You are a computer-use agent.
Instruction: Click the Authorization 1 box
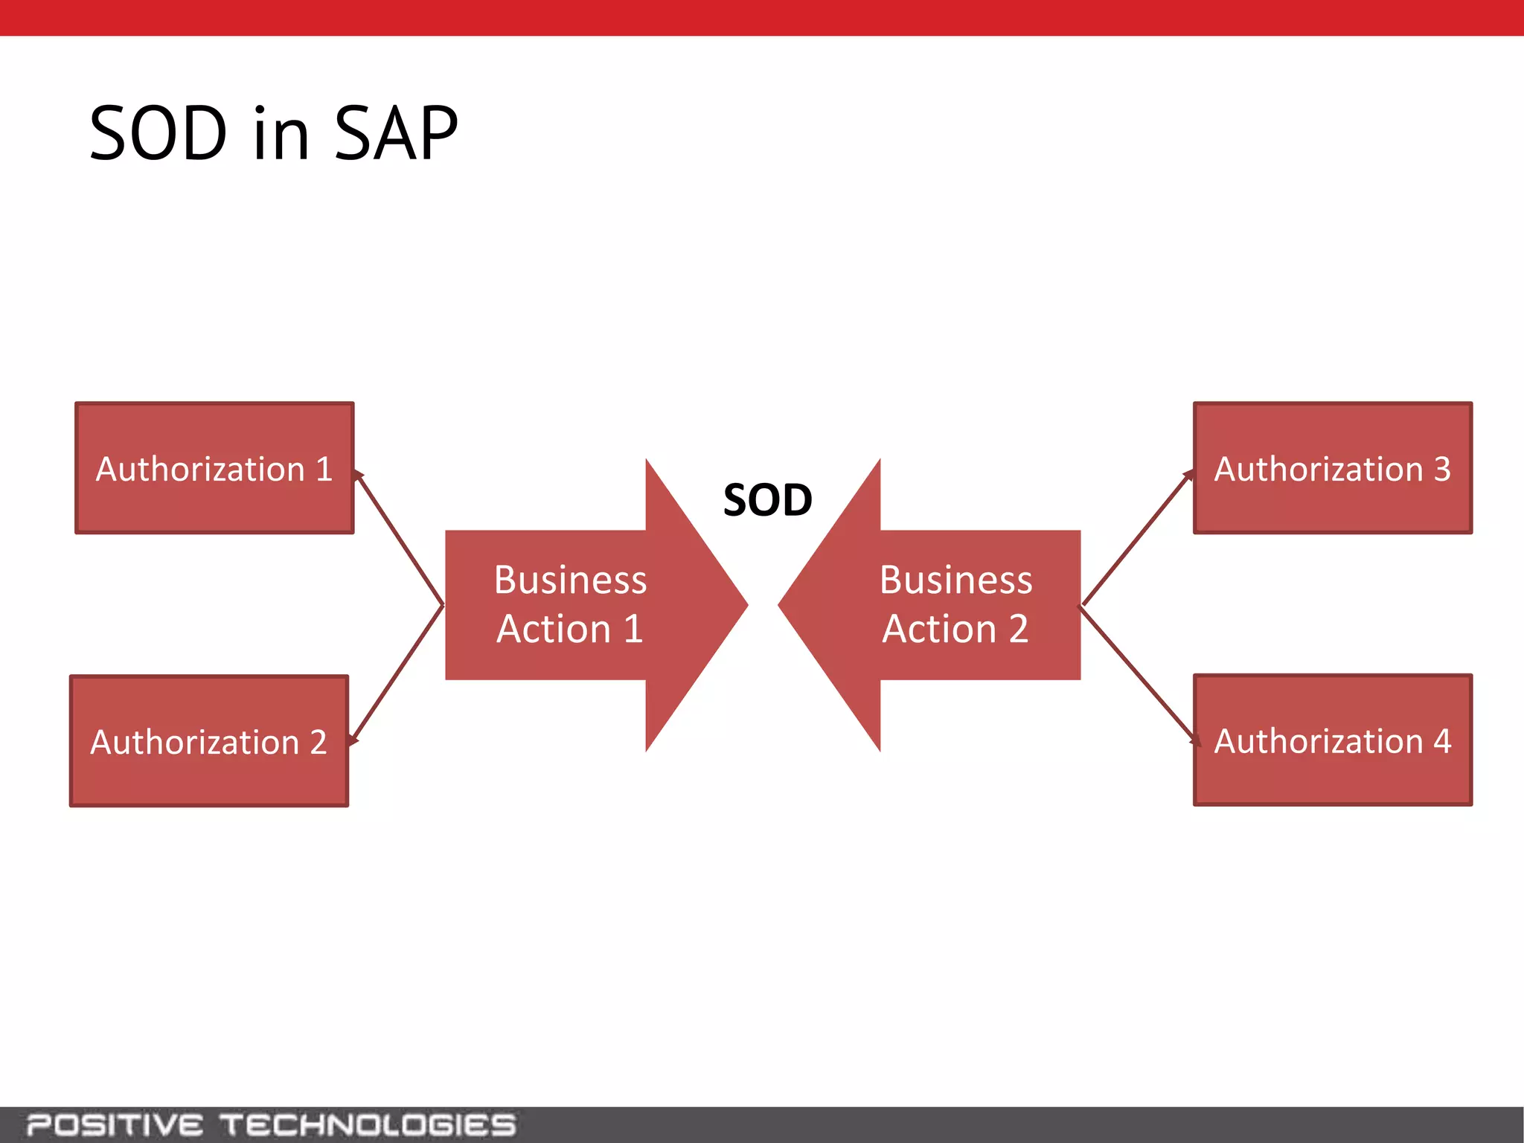[x=214, y=468]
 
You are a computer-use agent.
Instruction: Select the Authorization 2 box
[x=209, y=741]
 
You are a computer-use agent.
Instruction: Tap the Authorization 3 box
[x=1333, y=468]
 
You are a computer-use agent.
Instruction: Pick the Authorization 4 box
[x=1333, y=740]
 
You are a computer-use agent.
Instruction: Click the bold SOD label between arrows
[x=767, y=500]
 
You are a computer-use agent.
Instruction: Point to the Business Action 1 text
[x=570, y=604]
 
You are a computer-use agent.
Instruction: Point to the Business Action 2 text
[x=955, y=604]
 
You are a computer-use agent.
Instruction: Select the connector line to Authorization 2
[x=397, y=673]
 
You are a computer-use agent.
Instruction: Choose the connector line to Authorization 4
[x=1139, y=673]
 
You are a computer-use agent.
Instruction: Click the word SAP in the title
[x=396, y=134]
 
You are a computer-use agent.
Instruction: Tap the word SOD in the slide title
[x=158, y=134]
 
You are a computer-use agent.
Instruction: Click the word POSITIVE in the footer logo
[x=115, y=1124]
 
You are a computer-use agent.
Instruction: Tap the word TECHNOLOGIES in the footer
[x=368, y=1124]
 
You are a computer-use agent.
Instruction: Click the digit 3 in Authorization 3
[x=1442, y=469]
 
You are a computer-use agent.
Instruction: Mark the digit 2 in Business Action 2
[x=1019, y=629]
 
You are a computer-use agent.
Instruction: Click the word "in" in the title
[x=281, y=134]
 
